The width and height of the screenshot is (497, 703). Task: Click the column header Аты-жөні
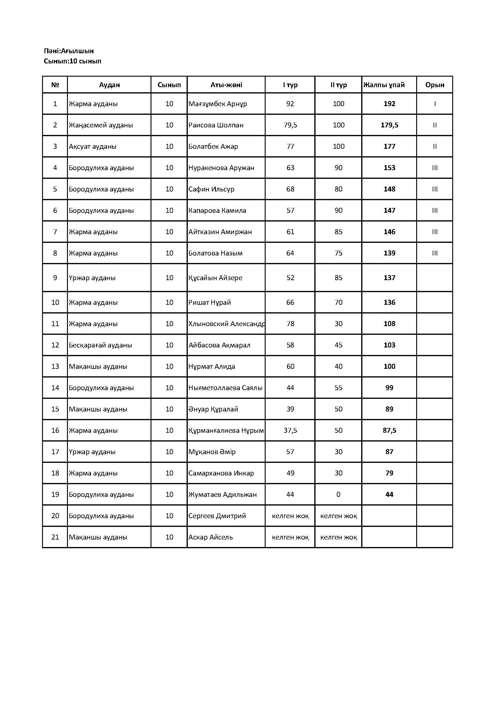click(x=226, y=85)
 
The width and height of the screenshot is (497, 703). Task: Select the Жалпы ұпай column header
click(x=384, y=85)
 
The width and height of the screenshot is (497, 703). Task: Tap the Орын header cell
click(x=434, y=85)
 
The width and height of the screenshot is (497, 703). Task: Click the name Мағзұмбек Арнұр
click(x=218, y=104)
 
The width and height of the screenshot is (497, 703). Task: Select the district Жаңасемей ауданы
click(x=101, y=125)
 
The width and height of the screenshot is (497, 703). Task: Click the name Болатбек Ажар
click(x=213, y=146)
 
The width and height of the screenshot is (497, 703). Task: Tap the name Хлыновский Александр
click(x=227, y=324)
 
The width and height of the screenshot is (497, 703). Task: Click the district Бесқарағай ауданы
click(x=100, y=345)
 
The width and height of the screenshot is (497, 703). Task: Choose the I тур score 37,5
click(x=290, y=430)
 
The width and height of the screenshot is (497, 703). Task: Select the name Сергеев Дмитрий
click(x=217, y=516)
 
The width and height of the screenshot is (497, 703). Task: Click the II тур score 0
click(x=338, y=494)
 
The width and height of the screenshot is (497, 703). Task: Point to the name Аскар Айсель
click(x=211, y=537)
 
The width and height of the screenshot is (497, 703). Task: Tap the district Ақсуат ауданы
click(x=93, y=146)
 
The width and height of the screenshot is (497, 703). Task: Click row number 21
click(x=55, y=537)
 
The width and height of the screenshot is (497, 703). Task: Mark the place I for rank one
click(x=434, y=104)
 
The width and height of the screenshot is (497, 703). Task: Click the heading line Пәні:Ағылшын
click(x=69, y=51)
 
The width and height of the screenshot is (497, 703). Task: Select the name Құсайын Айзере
click(x=215, y=278)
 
